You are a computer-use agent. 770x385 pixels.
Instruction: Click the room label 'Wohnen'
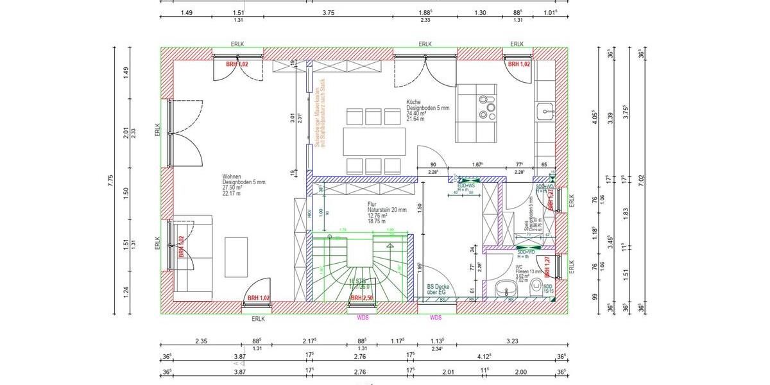(x=232, y=176)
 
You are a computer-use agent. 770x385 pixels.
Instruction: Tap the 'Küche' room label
(x=413, y=102)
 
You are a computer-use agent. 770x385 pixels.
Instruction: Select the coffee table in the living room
(x=235, y=257)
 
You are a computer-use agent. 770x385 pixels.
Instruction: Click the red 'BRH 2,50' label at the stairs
(x=363, y=298)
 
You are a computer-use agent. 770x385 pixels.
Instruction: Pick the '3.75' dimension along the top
(x=329, y=12)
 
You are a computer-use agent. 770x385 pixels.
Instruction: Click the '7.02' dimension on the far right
(x=641, y=183)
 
